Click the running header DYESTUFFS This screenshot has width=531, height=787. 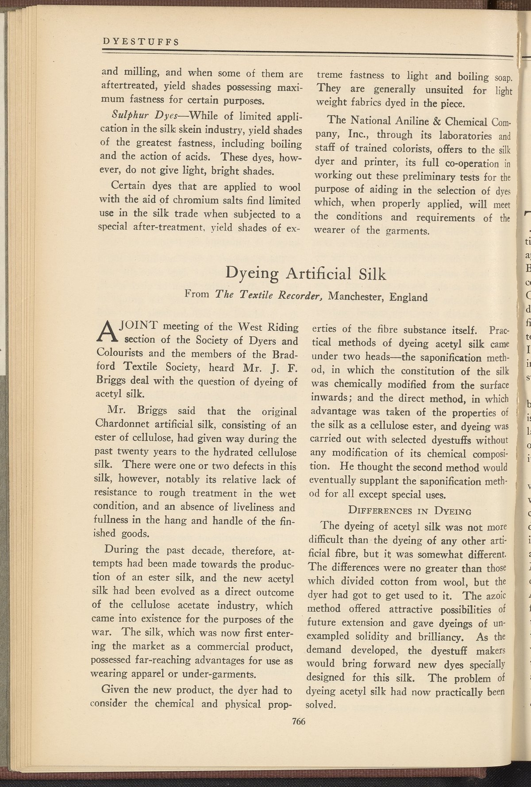(x=140, y=42)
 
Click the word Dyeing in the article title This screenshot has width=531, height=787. (x=252, y=275)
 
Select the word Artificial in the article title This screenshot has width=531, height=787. (x=318, y=275)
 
